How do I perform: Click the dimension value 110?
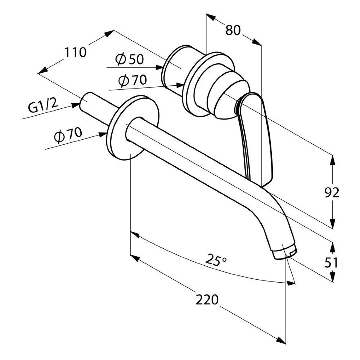pyautogui.click(x=75, y=53)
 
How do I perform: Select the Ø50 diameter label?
pyautogui.click(x=130, y=59)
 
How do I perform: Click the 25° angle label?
pyautogui.click(x=216, y=260)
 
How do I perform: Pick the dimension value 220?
pyautogui.click(x=207, y=300)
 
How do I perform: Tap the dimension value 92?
pyautogui.click(x=332, y=193)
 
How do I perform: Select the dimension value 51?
pyautogui.click(x=331, y=262)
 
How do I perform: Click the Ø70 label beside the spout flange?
pyautogui.click(x=68, y=135)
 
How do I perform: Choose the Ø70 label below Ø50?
pyautogui.click(x=132, y=81)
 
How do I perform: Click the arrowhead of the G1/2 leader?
pyautogui.click(x=76, y=105)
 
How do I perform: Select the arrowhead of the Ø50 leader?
pyautogui.click(x=159, y=67)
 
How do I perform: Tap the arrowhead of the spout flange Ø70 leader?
pyautogui.click(x=103, y=134)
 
